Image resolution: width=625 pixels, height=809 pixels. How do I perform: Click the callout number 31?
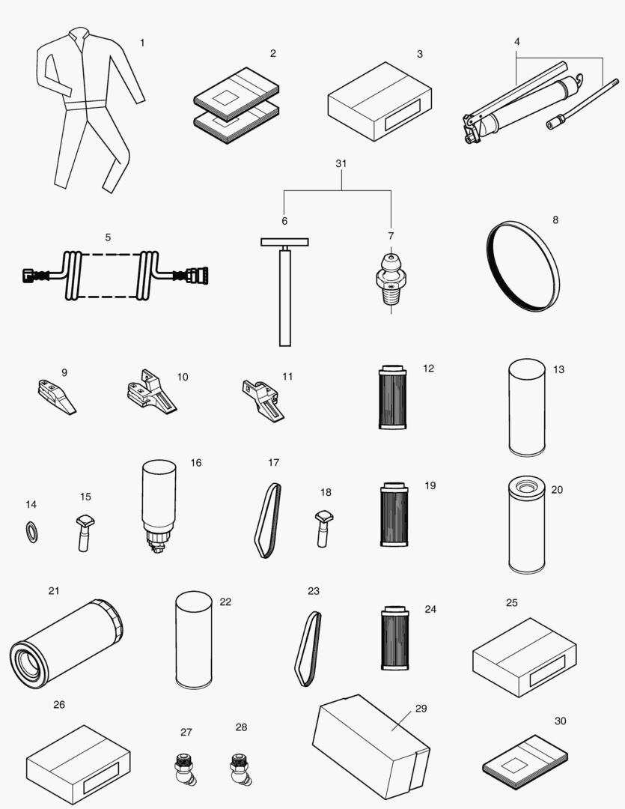[x=341, y=163]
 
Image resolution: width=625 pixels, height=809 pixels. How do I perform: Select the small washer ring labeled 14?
[x=31, y=532]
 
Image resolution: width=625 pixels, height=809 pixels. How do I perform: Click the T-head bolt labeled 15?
[x=85, y=533]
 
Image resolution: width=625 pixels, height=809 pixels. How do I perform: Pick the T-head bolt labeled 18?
[x=323, y=528]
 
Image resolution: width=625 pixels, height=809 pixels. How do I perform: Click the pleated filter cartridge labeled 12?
[x=393, y=397]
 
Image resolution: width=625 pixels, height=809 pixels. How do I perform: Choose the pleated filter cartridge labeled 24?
[x=395, y=637]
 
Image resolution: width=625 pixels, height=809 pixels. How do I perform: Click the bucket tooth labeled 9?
[x=56, y=397]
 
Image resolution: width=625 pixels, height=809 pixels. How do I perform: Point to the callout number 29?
[x=421, y=709]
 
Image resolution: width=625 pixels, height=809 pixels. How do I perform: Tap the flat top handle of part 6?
[x=284, y=242]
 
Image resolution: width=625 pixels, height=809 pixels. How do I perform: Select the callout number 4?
[x=516, y=42]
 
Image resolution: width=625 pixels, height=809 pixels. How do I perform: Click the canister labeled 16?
[x=159, y=506]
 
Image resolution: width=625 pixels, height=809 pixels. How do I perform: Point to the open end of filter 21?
[x=29, y=664]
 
